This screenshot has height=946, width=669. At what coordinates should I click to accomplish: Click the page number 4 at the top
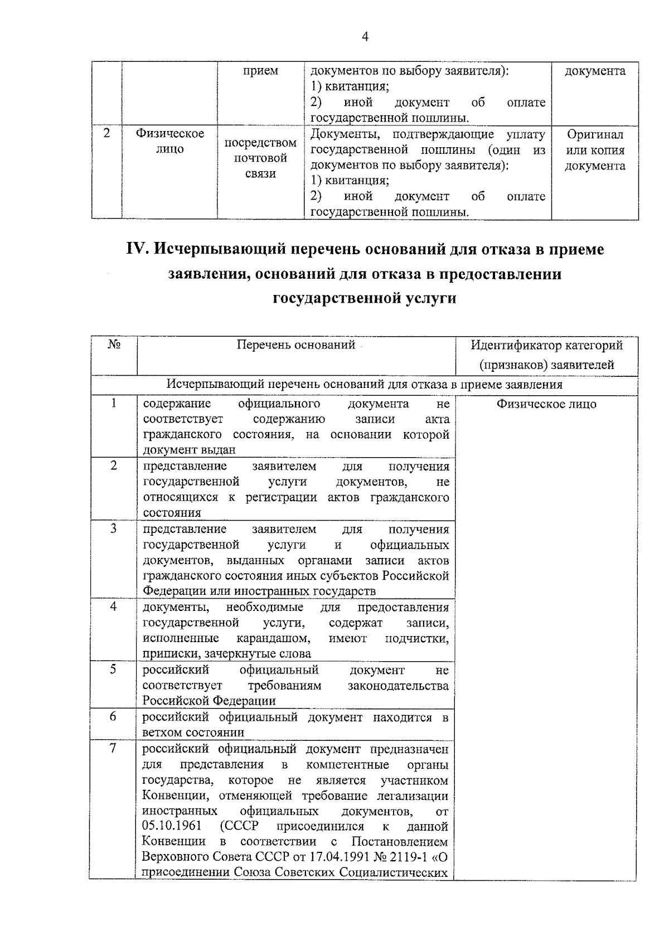pyautogui.click(x=365, y=37)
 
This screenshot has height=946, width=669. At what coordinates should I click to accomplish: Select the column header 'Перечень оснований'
pyautogui.click(x=295, y=345)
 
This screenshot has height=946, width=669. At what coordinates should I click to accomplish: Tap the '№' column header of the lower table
pyautogui.click(x=114, y=345)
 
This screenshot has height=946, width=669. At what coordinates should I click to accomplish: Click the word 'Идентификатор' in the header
pyautogui.click(x=513, y=346)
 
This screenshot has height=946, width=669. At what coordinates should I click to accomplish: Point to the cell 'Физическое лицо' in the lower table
pyautogui.click(x=546, y=404)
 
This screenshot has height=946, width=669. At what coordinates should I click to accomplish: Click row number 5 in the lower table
pyautogui.click(x=113, y=669)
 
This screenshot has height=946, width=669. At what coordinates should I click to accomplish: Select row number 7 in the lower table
pyautogui.click(x=113, y=748)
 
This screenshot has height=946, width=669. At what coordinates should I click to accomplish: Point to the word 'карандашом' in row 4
pyautogui.click(x=273, y=638)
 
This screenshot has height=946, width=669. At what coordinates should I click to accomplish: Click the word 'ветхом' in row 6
pyautogui.click(x=163, y=732)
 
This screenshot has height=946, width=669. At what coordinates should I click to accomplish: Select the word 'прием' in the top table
pyautogui.click(x=260, y=71)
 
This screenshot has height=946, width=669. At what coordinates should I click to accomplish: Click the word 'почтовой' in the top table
pyautogui.click(x=260, y=158)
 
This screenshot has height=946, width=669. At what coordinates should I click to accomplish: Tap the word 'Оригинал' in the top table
pyautogui.click(x=595, y=134)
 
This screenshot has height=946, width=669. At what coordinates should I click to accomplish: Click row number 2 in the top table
pyautogui.click(x=106, y=134)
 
